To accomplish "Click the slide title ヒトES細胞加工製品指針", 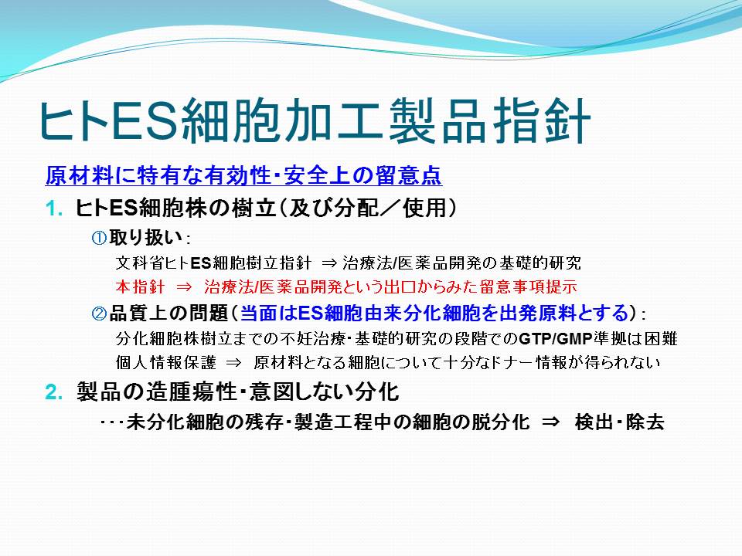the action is click(315, 121).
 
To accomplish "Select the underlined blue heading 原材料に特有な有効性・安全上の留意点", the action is click(243, 175).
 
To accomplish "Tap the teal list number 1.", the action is click(54, 208).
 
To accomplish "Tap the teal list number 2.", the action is click(54, 392).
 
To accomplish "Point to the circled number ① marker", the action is click(99, 237).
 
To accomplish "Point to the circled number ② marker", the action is click(99, 313).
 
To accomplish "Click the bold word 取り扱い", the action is click(145, 237).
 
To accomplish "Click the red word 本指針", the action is click(140, 286).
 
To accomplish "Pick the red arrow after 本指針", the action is click(184, 287).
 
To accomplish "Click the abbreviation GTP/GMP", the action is click(556, 338).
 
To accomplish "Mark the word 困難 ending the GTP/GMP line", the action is click(661, 338).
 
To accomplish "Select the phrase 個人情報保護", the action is click(165, 363).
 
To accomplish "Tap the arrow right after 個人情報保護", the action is click(233, 363).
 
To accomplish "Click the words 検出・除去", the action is click(620, 422).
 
